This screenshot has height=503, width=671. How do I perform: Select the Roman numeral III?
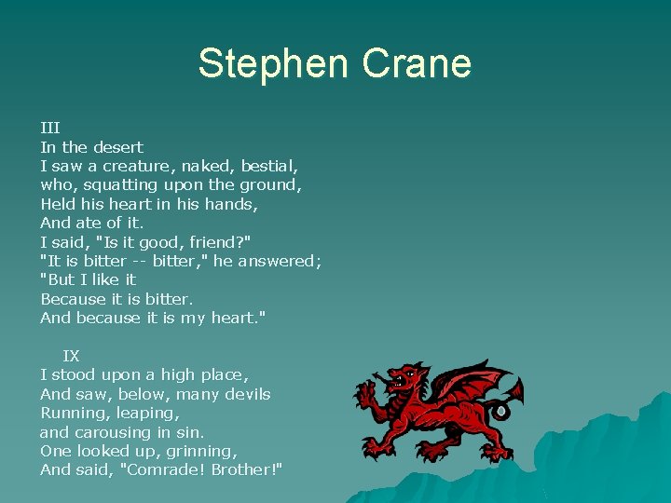[x=50, y=128]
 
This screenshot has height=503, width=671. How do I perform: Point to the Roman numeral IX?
[x=71, y=356]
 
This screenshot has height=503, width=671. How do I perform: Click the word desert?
[x=118, y=147]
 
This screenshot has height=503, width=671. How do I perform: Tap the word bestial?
[x=269, y=166]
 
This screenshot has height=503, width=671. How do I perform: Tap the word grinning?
[x=197, y=451]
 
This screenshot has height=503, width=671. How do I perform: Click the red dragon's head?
[x=403, y=378]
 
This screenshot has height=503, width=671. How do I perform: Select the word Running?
[x=74, y=413]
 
